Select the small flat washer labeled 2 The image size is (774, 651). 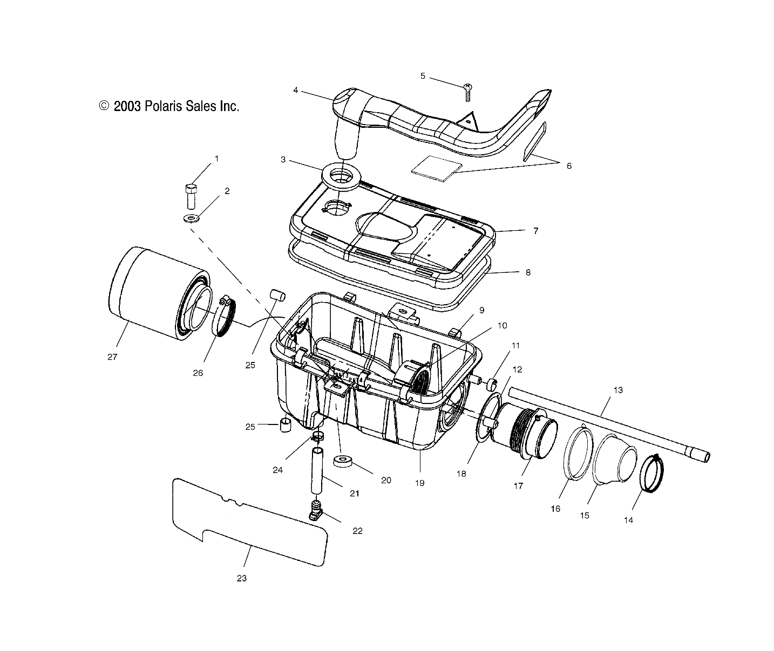pyautogui.click(x=190, y=218)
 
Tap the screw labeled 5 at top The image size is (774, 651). pyautogui.click(x=467, y=93)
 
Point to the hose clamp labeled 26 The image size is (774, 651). pyautogui.click(x=227, y=318)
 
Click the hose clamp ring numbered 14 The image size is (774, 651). pyautogui.click(x=652, y=474)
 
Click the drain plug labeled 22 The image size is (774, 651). pyautogui.click(x=316, y=510)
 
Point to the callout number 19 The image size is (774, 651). pyautogui.click(x=420, y=483)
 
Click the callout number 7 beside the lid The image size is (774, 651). pyautogui.click(x=535, y=231)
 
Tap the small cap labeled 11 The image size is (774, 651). pyautogui.click(x=491, y=384)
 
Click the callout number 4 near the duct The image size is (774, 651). pyautogui.click(x=296, y=90)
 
